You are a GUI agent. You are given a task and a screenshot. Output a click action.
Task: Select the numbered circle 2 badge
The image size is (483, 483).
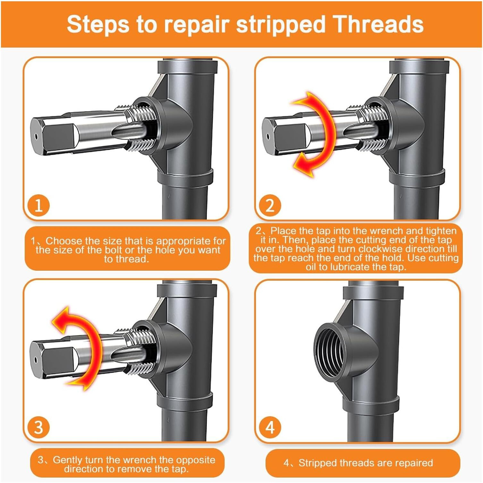(270, 205)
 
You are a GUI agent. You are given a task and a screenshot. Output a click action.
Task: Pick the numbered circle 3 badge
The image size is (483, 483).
(38, 427)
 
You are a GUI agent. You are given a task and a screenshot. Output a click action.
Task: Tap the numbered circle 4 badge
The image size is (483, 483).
(270, 427)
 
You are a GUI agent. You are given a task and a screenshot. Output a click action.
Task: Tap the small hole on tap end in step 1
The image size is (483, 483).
(36, 136)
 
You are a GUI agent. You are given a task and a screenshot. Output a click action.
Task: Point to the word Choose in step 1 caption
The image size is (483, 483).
(64, 241)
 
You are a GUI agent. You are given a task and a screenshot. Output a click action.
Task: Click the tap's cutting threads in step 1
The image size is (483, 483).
(141, 128)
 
